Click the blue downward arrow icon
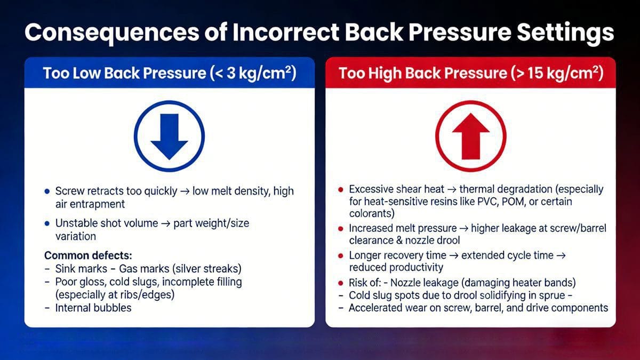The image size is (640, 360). point(169,136)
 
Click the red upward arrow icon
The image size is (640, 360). point(470,136)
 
